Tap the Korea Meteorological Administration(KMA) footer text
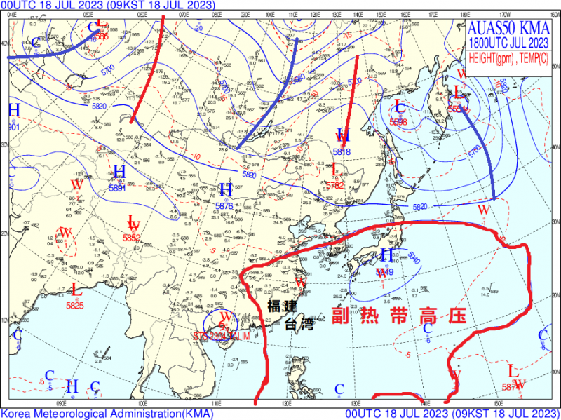point(105,414)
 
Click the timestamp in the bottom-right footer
point(453,414)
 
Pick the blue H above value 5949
point(386,255)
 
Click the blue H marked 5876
point(225,190)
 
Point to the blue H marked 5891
point(120,171)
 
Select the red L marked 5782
point(334,170)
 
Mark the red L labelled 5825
point(76,290)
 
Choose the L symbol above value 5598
point(400,107)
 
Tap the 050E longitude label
point(89,13)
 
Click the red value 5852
point(132,238)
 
